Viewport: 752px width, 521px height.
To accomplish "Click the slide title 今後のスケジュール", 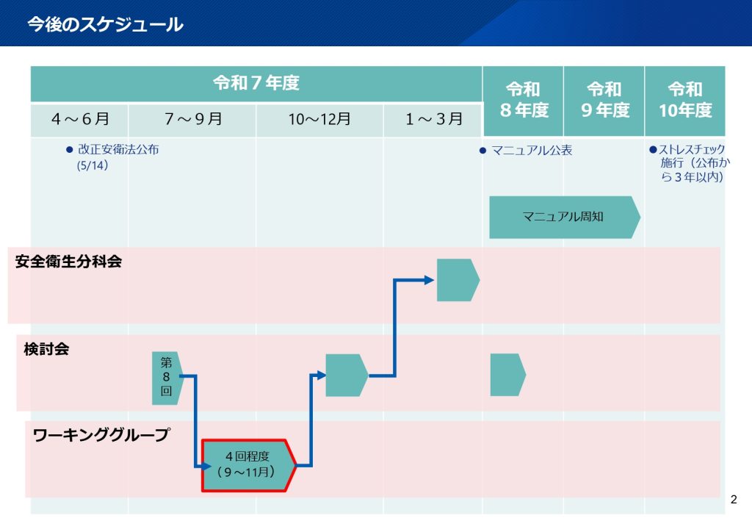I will [x=105, y=25].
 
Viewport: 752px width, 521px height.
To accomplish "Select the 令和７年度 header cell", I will [x=256, y=83].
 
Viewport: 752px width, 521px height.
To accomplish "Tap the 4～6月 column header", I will [x=80, y=119].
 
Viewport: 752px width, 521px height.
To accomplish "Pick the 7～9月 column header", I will [x=192, y=119].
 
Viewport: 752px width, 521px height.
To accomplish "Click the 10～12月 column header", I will [x=319, y=119].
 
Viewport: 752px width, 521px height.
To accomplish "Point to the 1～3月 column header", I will [x=433, y=119].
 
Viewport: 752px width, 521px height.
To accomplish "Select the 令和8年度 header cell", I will [x=523, y=100].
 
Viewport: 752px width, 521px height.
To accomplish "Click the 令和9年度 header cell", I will [x=604, y=100].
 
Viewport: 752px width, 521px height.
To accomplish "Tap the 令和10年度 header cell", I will [x=685, y=100].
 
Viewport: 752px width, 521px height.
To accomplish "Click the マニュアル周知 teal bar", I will [x=563, y=217].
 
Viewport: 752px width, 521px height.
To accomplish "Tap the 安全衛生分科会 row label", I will [x=68, y=262].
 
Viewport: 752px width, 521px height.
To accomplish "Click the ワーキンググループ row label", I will [x=101, y=435].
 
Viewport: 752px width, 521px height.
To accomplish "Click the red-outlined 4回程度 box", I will [x=248, y=465].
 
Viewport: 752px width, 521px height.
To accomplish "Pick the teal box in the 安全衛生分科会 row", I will [x=457, y=280].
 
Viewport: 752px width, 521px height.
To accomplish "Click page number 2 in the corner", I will [x=733, y=500].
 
